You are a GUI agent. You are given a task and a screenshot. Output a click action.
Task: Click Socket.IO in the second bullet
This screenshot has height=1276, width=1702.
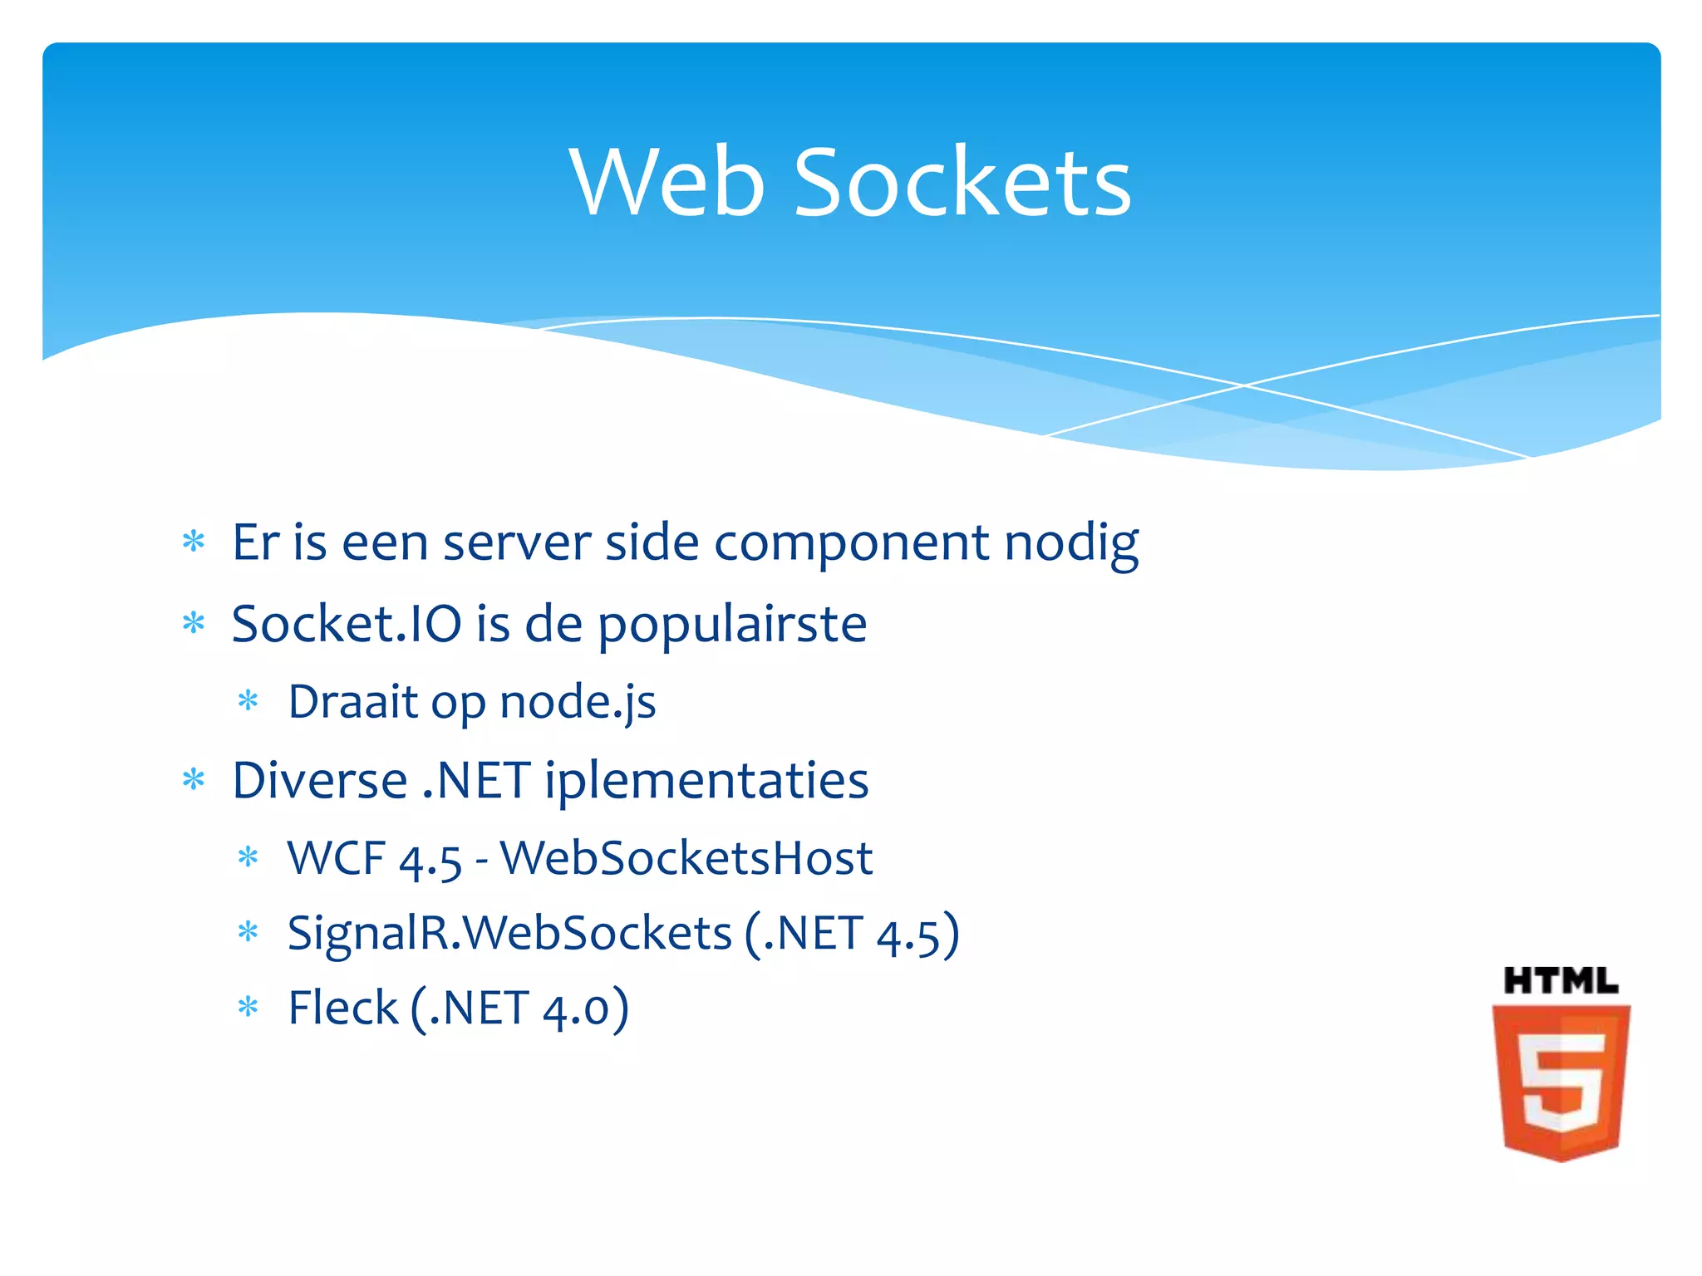[346, 623]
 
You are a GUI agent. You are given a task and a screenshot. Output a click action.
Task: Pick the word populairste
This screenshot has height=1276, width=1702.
[732, 625]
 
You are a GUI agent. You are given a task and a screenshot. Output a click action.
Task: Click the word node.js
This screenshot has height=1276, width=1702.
[578, 702]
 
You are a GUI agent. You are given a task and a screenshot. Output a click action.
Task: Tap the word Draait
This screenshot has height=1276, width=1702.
[352, 701]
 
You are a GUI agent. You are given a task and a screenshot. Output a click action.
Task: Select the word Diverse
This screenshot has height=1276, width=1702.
[320, 780]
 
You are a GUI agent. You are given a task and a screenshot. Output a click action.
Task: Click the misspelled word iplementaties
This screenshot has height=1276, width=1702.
[706, 780]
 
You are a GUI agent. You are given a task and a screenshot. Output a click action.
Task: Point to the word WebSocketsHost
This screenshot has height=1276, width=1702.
[686, 857]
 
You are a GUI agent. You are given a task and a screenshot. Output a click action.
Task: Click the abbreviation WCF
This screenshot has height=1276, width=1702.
[336, 857]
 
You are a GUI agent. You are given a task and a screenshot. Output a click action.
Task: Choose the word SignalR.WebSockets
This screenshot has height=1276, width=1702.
[509, 933]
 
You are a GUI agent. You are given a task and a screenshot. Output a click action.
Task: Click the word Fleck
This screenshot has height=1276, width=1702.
[342, 1008]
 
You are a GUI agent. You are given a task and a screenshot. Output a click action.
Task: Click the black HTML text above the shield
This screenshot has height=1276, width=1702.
[1560, 981]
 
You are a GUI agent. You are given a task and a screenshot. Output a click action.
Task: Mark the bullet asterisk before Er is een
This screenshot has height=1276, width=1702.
[194, 542]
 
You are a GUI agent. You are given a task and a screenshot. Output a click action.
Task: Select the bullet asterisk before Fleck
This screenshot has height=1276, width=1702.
[248, 1008]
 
